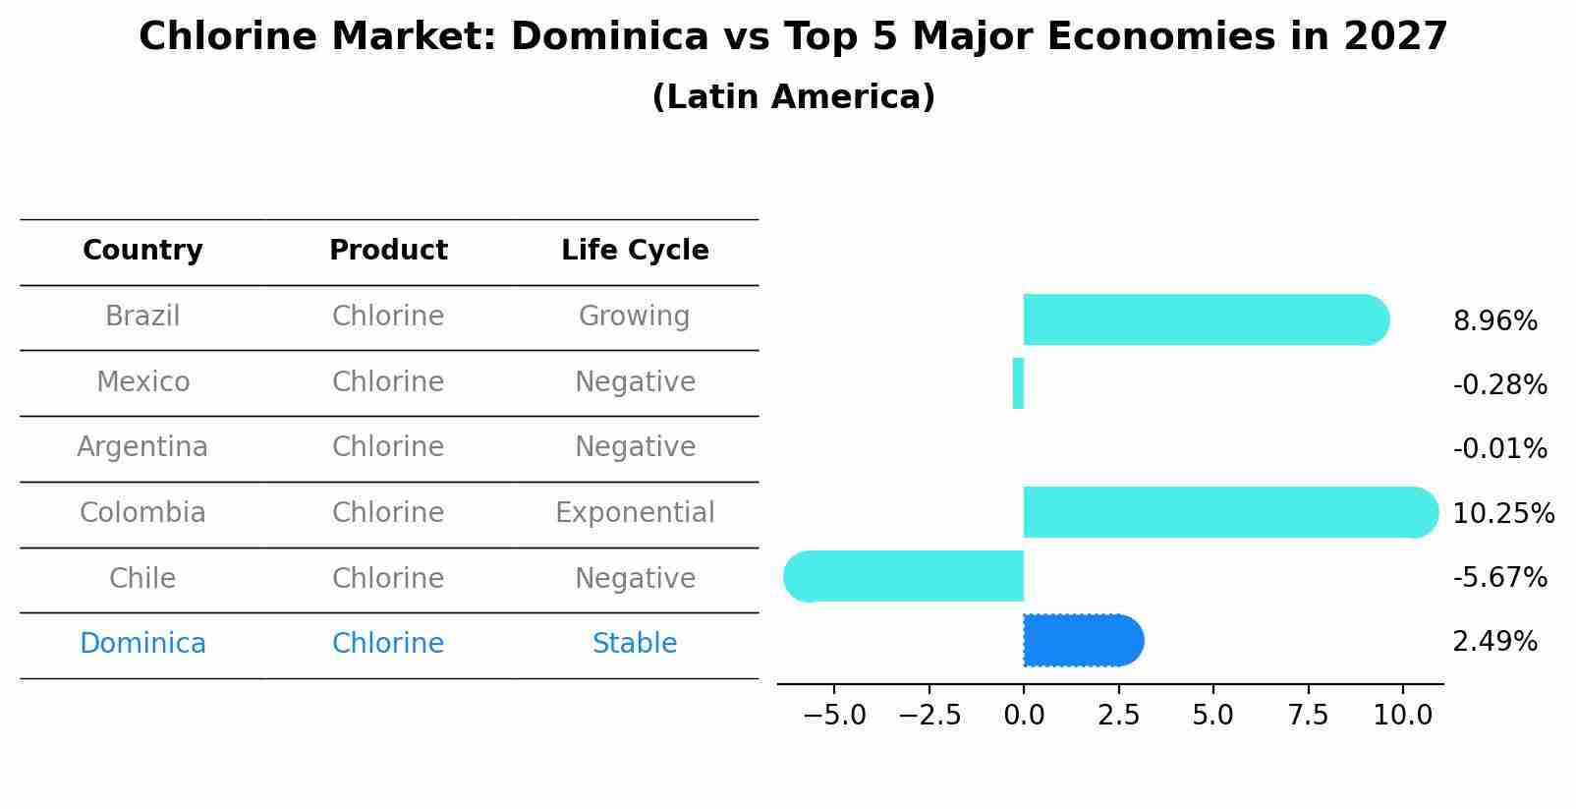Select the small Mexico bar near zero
coord(1018,383)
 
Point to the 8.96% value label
coord(1494,321)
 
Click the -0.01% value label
coord(1499,449)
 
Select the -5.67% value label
coord(1499,577)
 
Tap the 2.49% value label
coord(1494,642)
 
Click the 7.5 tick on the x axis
coord(1308,716)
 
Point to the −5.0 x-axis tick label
coord(834,716)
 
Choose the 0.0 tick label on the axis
coord(1023,716)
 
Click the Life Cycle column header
coord(635,251)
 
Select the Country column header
coord(142,251)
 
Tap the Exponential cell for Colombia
coord(635,513)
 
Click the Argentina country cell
coord(142,447)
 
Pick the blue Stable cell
coord(635,644)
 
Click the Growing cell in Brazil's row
coord(635,317)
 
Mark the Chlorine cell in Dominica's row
coord(388,644)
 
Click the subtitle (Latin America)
coord(793,97)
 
